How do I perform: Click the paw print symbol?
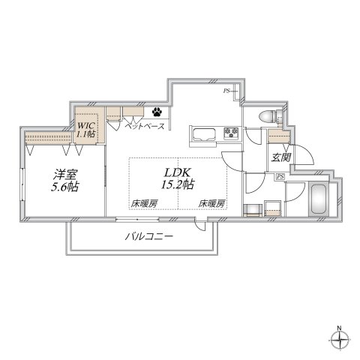158,112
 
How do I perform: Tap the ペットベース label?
144,128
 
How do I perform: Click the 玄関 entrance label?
280,158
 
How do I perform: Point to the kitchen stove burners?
231,135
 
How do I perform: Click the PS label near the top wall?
226,91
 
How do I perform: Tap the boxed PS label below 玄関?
280,177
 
